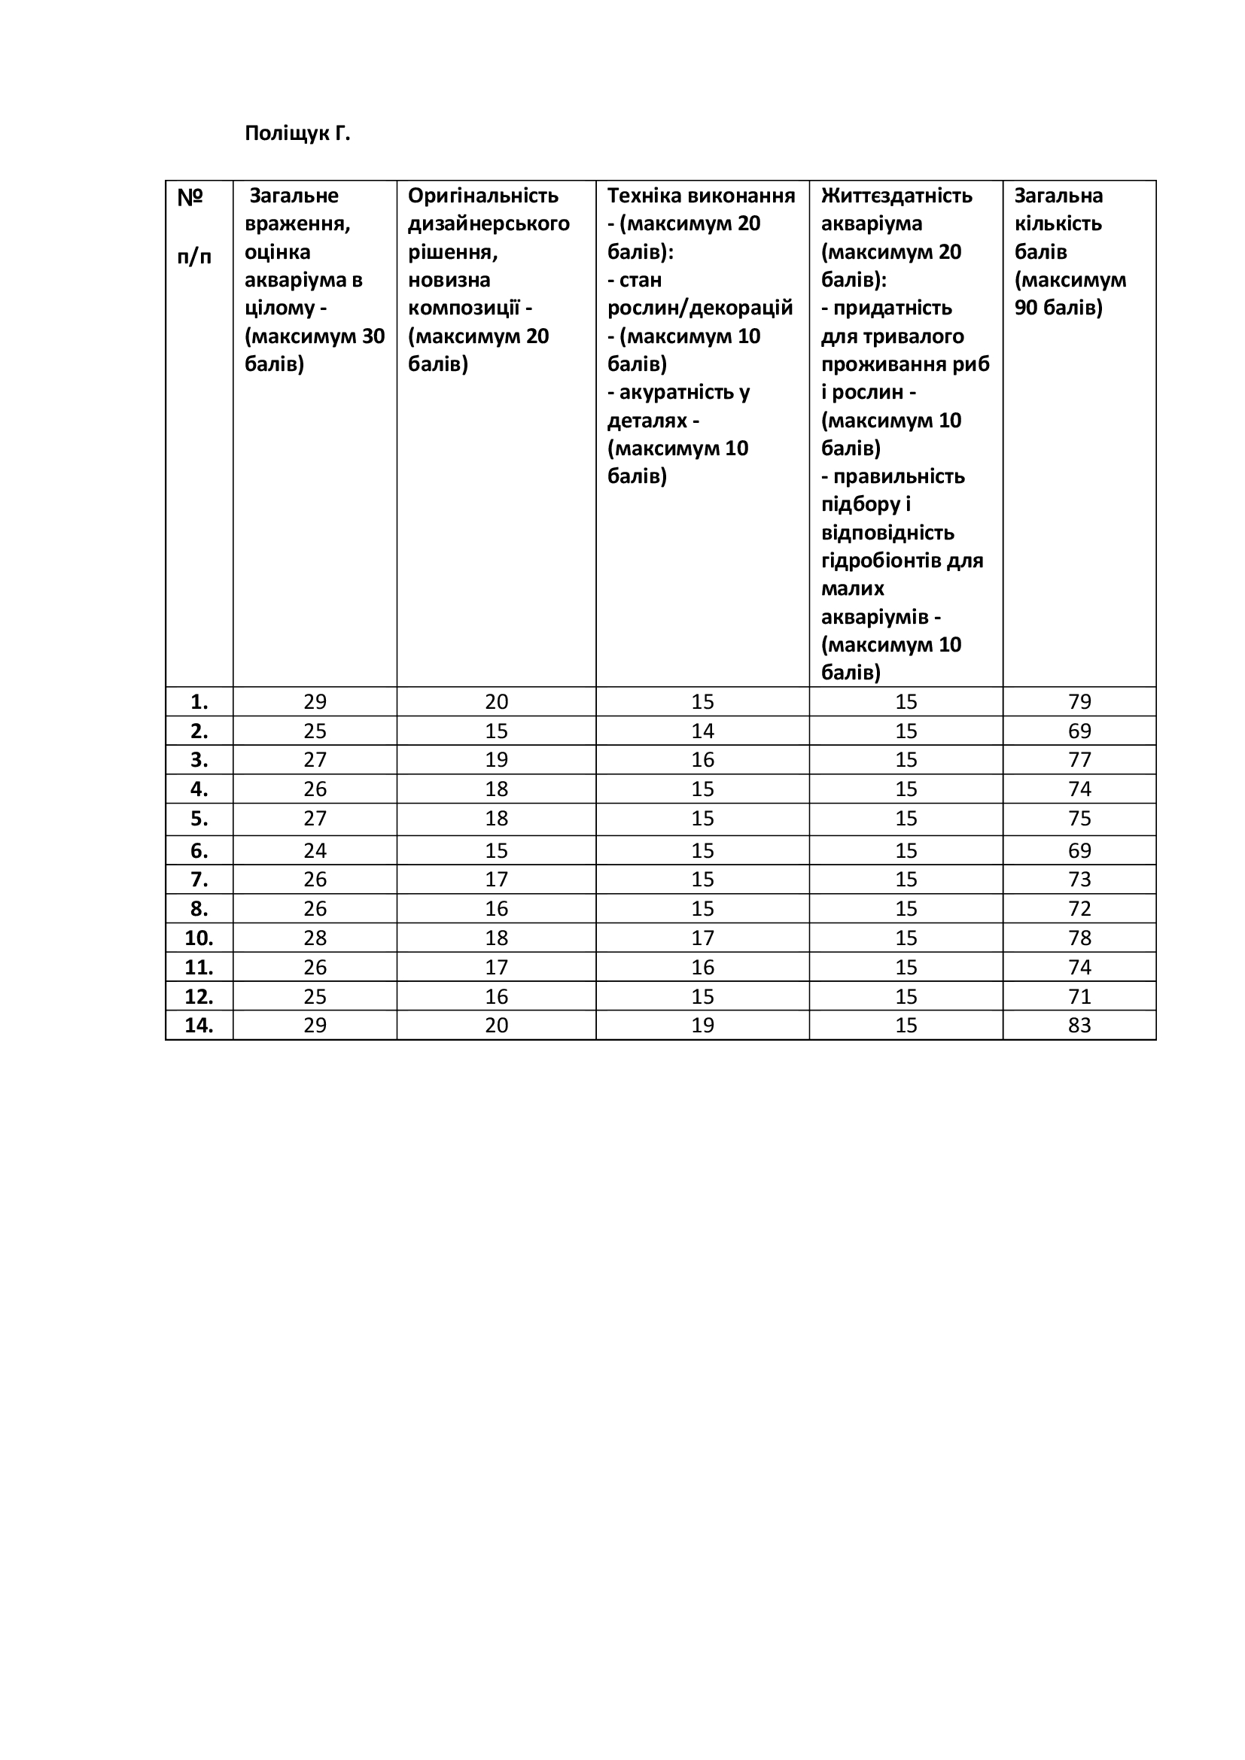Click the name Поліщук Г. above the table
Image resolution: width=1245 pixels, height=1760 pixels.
(297, 133)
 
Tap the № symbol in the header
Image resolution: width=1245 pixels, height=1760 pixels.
(190, 198)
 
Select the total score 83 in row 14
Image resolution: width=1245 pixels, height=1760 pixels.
(1079, 1026)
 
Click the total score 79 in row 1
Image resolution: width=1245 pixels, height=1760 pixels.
(1079, 702)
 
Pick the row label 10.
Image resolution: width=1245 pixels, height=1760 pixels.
(199, 938)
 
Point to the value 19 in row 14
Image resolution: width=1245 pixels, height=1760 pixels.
(702, 1026)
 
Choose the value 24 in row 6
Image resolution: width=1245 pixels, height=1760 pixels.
(315, 851)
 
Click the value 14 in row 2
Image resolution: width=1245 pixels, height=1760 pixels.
(702, 731)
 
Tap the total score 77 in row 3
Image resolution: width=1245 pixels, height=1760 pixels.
(1079, 761)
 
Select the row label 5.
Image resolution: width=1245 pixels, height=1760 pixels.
(199, 819)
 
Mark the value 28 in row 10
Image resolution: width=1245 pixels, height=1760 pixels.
(315, 938)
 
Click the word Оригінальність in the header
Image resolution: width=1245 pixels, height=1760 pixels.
(483, 196)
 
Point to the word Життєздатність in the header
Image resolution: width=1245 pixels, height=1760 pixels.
(896, 196)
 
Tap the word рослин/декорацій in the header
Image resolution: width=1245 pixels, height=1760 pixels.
(700, 309)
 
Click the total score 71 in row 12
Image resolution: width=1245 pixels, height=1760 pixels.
(1079, 996)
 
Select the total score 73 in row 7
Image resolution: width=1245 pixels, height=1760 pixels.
(1079, 879)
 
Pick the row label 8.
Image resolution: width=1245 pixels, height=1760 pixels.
(199, 909)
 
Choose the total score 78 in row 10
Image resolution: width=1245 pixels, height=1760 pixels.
(1079, 938)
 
